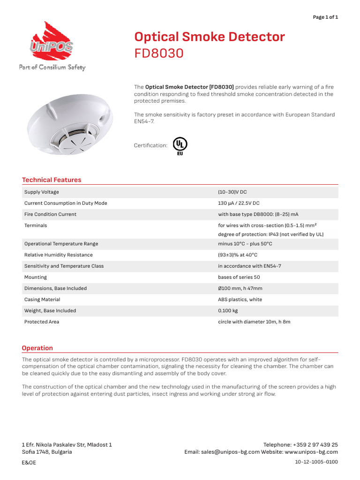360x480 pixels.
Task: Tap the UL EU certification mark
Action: pos(180,145)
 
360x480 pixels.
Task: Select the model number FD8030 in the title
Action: pos(158,53)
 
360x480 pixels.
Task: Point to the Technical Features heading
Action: pos(52,180)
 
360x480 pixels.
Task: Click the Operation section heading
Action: pos(37,348)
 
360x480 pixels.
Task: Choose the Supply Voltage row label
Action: pos(42,192)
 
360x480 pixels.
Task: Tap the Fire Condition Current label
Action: pos(50,214)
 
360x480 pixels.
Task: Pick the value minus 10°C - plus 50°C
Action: pos(245,244)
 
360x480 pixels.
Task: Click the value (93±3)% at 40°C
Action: pos(238,255)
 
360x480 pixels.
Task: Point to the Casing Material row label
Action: pos(42,300)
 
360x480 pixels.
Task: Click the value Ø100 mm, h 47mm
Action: pos(240,288)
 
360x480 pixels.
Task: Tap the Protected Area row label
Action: pos(42,322)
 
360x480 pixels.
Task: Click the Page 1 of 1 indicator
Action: pos(325,17)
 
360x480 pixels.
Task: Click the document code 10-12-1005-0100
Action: pos(316,462)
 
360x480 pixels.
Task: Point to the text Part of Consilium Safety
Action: pos(52,67)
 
